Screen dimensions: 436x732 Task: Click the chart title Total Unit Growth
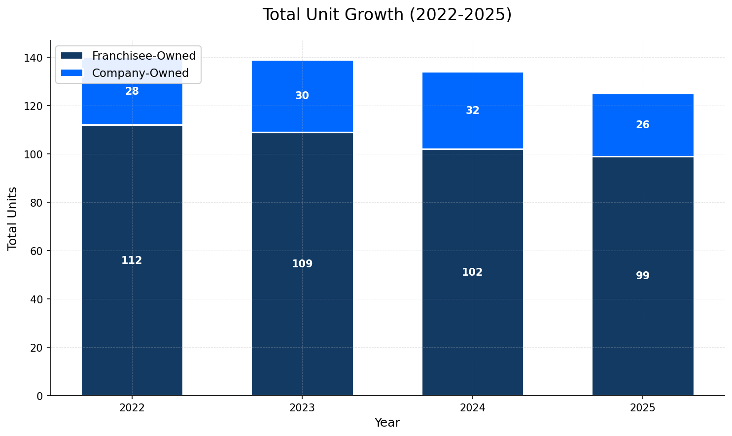[x=387, y=15]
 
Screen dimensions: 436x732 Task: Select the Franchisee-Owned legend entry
[x=143, y=56]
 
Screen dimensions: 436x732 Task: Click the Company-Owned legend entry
[x=140, y=73]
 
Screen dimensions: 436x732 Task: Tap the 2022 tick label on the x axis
[x=132, y=408]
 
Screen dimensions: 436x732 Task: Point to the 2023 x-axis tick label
[x=302, y=408]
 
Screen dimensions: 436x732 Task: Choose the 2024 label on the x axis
[x=472, y=408]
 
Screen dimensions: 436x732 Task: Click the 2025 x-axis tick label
[x=643, y=408]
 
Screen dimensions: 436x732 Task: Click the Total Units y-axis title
[x=13, y=218]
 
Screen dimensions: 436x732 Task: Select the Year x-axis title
[x=387, y=423]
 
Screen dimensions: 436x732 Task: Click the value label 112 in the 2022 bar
[x=132, y=260]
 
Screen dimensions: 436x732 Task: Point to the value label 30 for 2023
[x=302, y=96]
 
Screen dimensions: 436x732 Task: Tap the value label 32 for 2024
[x=472, y=111]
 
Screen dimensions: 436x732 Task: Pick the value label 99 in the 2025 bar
[x=643, y=276]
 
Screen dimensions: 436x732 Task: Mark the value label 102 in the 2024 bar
[x=472, y=272]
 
